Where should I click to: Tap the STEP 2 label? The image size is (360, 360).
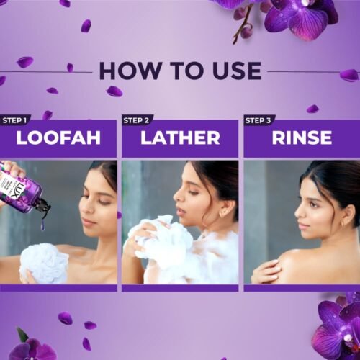(137, 120)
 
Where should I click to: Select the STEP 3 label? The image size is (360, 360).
(258, 120)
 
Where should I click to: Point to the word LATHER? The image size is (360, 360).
(180, 138)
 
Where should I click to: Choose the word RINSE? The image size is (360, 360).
(302, 138)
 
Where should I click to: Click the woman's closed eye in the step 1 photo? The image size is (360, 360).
(90, 204)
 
